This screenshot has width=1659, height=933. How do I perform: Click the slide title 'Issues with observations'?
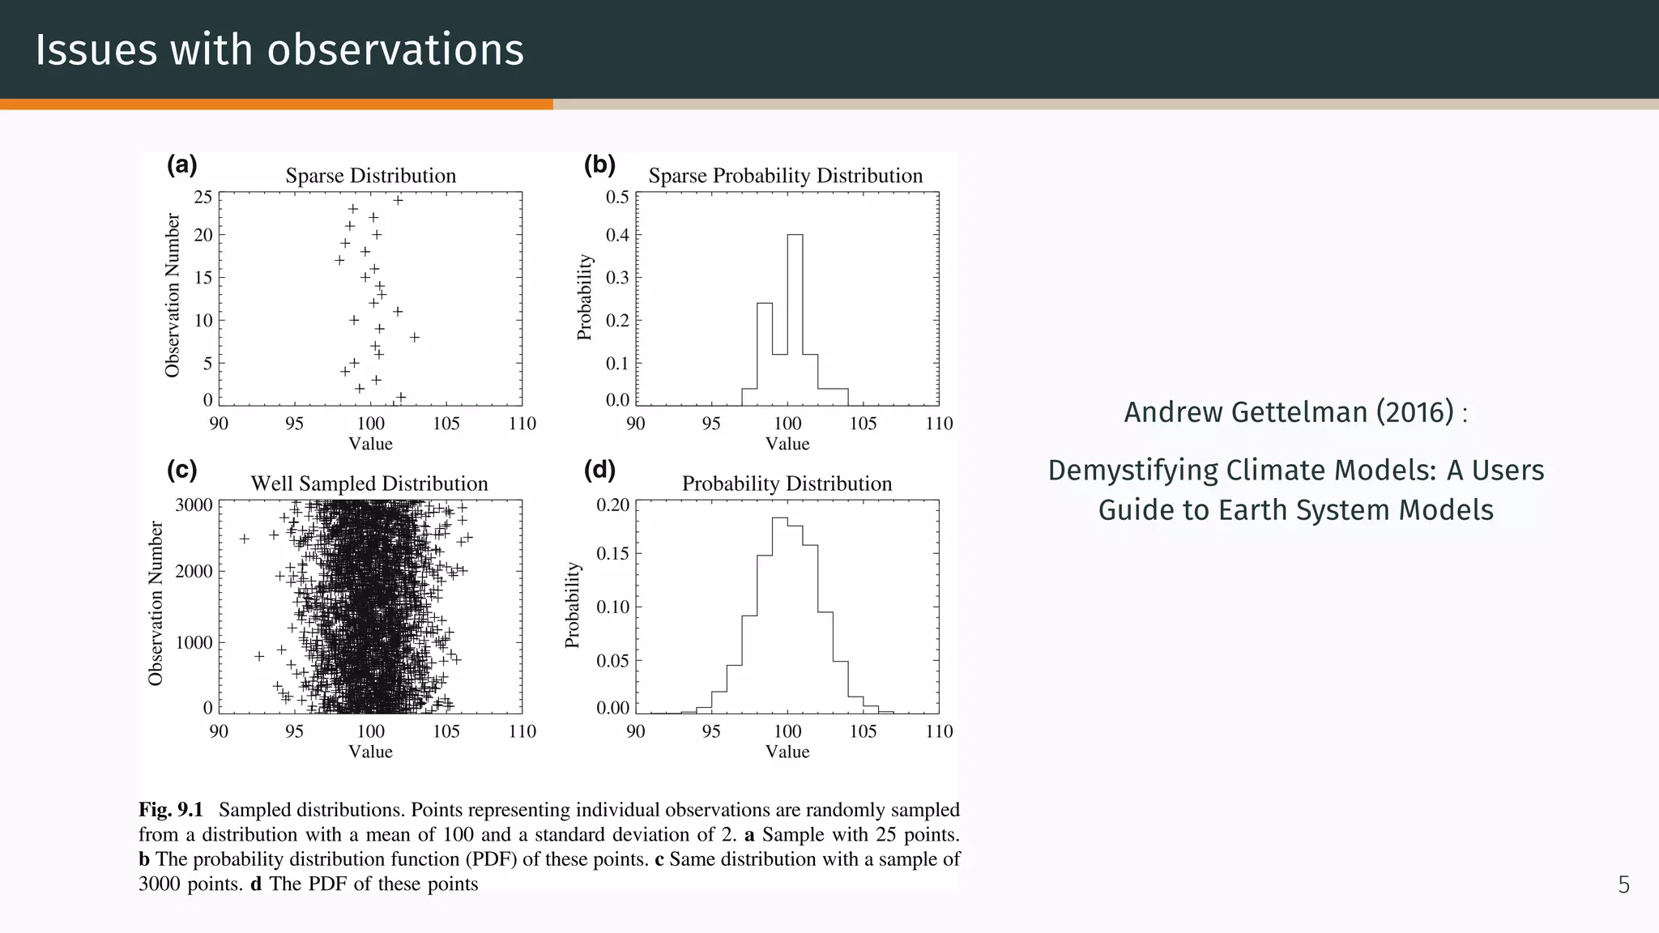(279, 49)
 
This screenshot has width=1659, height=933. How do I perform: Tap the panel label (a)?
(181, 165)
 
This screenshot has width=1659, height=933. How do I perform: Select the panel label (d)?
(599, 470)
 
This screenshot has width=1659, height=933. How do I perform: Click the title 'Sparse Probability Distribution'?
(785, 176)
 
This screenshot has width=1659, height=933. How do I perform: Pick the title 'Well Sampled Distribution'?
(369, 484)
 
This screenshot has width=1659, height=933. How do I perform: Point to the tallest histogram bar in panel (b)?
(795, 319)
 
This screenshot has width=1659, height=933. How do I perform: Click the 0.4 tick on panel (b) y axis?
(617, 236)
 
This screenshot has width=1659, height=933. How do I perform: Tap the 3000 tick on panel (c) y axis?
(194, 505)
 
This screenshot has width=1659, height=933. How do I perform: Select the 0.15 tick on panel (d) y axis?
(612, 554)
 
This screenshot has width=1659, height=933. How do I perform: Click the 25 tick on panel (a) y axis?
(203, 198)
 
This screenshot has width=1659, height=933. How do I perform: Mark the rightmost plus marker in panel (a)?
(415, 337)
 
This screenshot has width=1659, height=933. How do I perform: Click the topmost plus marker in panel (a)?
(398, 200)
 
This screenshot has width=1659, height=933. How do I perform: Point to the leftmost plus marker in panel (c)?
(244, 539)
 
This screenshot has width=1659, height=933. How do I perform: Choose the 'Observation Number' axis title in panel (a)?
(172, 296)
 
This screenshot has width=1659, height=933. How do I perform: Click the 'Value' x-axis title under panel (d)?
(787, 752)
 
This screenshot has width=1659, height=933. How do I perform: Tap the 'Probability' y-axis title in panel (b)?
(585, 297)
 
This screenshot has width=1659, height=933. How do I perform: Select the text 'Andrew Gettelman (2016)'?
(1289, 412)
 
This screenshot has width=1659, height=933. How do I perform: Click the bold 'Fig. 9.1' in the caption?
(170, 810)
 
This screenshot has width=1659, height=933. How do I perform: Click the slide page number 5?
(1623, 885)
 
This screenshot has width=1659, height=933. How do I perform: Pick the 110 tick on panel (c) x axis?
(522, 731)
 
